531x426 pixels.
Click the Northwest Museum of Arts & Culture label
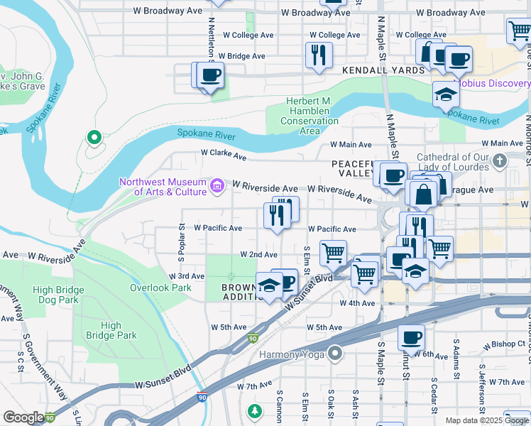(x=163, y=186)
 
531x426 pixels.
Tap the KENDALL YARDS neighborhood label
(x=383, y=70)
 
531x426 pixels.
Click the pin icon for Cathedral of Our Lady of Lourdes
(x=500, y=159)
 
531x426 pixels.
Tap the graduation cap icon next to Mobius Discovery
(x=445, y=94)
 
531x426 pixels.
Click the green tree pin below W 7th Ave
(x=254, y=411)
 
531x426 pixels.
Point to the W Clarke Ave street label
(x=223, y=153)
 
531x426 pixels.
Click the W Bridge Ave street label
(x=241, y=55)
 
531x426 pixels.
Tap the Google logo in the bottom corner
(x=23, y=417)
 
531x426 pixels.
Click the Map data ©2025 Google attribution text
(x=486, y=420)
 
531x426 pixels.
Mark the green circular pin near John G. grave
(x=92, y=138)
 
